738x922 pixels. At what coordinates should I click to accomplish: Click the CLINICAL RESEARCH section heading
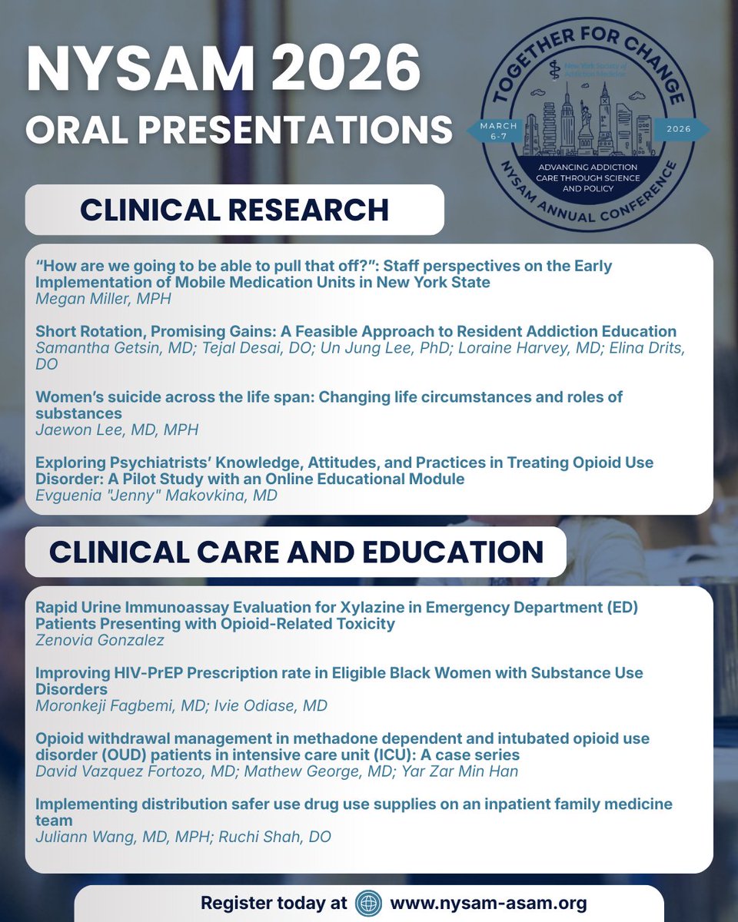(234, 210)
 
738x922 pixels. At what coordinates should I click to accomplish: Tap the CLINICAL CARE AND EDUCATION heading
(296, 552)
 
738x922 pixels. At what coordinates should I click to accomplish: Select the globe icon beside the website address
(369, 903)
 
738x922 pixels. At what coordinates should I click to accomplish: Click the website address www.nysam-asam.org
(488, 903)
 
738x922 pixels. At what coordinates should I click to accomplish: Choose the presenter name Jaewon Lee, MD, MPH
(117, 429)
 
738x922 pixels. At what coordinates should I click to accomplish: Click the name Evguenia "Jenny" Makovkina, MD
(157, 496)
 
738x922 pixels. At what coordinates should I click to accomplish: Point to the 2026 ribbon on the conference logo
(680, 129)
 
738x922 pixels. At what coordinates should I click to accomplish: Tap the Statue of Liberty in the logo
(587, 127)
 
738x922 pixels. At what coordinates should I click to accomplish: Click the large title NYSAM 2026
(223, 71)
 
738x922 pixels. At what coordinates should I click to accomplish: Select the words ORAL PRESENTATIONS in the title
(238, 129)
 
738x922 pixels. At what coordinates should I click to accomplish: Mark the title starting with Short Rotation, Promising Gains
(356, 331)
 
